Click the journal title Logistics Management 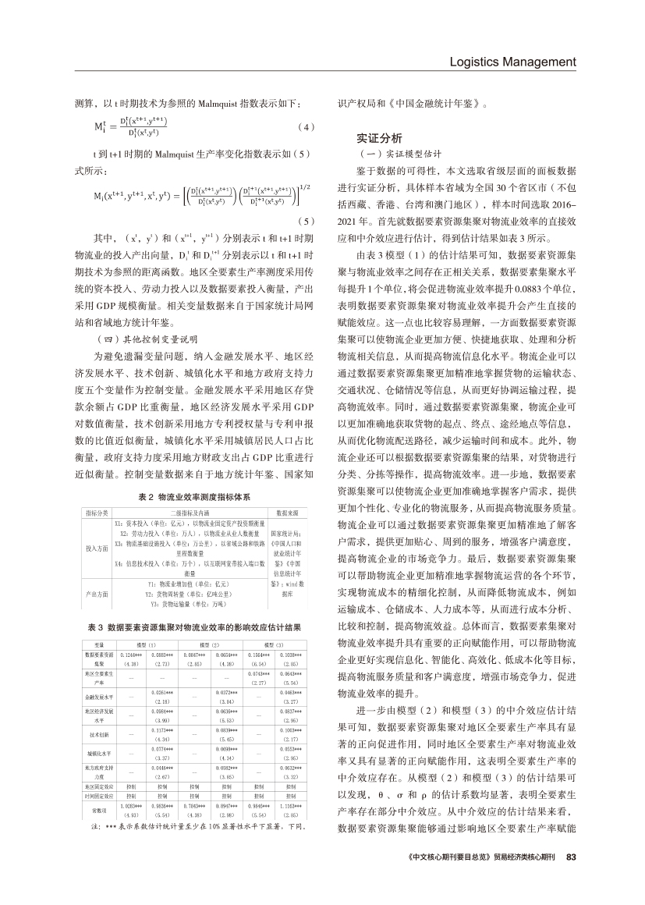[512, 62]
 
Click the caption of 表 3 [193, 626]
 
